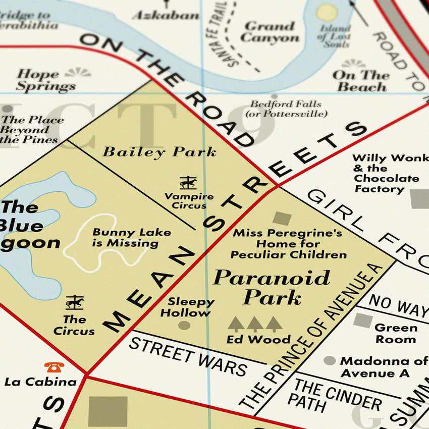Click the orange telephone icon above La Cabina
tap(54, 367)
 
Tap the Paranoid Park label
tap(272, 287)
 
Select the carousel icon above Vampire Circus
tap(188, 183)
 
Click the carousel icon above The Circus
tap(75, 302)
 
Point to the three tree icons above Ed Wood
tap(255, 324)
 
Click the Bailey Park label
tap(159, 151)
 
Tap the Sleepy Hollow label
tap(191, 307)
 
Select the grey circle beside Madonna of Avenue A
tap(330, 360)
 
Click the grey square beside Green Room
tap(362, 320)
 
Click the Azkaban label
tap(166, 15)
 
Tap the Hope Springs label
tap(45, 80)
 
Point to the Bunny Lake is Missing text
tap(132, 238)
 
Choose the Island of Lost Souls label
tap(334, 36)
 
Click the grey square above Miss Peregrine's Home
tap(282, 218)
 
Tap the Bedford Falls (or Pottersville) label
tap(286, 109)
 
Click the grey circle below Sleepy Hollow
tap(184, 326)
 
